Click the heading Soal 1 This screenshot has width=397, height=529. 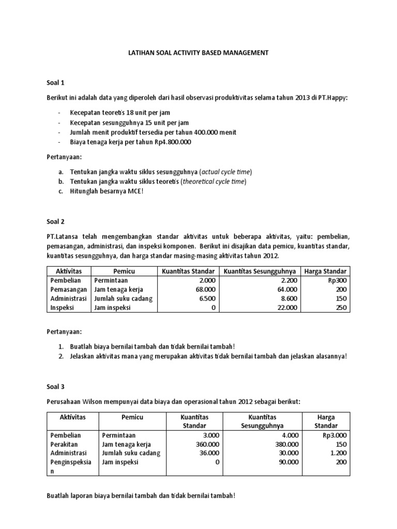point(55,82)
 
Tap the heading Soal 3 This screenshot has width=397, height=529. point(55,386)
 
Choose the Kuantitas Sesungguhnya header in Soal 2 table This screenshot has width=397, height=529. point(261,271)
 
